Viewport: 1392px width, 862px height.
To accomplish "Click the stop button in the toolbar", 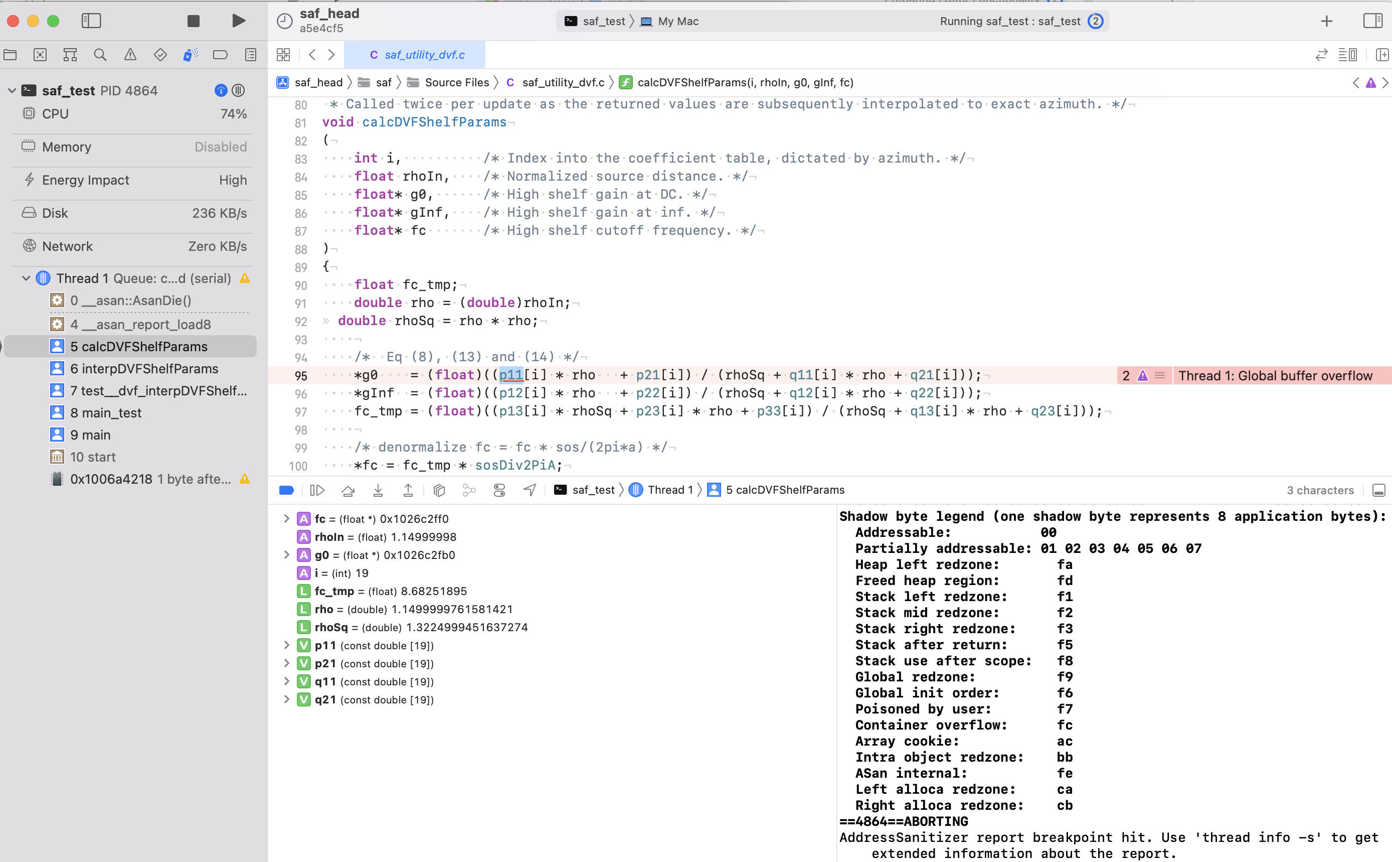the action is (193, 21).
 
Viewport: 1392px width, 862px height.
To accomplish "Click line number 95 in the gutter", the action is (300, 376).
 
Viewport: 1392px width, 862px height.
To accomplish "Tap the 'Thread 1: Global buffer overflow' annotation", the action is (1275, 376).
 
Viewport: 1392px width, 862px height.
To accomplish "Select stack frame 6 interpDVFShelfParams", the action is (143, 369).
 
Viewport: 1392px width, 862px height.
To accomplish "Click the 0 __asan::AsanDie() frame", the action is (130, 301).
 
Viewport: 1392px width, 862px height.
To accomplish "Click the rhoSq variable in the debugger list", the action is (330, 627).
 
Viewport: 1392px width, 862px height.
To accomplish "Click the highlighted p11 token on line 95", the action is (510, 375).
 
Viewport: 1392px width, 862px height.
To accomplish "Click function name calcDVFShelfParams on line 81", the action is (434, 122).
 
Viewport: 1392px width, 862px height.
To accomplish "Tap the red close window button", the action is (13, 21).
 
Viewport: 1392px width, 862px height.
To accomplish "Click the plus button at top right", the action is (1326, 21).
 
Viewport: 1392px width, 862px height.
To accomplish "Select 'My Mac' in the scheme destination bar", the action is (677, 21).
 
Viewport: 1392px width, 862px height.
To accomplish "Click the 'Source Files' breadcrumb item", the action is (456, 83).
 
